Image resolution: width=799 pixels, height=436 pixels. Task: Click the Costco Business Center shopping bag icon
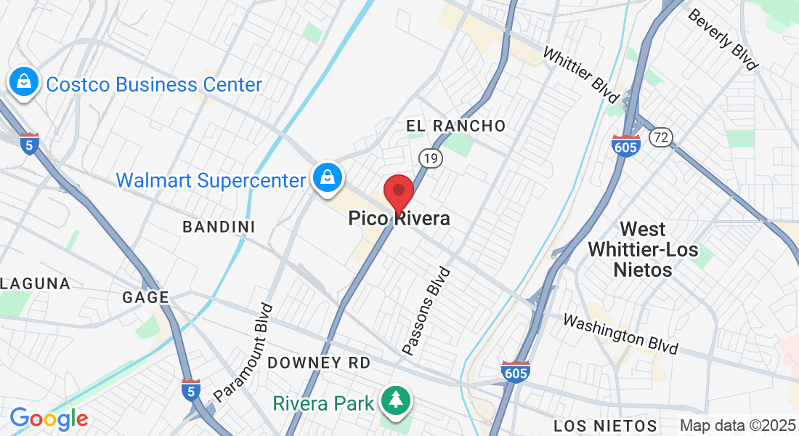point(25,81)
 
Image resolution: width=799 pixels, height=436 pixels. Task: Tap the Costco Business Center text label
point(153,84)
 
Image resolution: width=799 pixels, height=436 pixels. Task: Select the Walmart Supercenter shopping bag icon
point(328,177)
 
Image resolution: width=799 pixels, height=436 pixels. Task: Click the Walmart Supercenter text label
point(211,180)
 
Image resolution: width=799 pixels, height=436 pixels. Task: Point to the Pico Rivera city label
point(399,218)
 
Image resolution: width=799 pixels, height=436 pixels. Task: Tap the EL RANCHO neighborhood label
point(455,126)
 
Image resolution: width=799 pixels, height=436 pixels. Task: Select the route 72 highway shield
point(662,137)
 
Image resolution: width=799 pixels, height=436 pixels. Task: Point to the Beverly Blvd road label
point(722,40)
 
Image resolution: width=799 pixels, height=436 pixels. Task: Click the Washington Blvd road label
point(620,334)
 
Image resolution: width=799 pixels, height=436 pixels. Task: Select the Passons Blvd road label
point(426,312)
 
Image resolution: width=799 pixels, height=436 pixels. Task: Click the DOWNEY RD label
point(319,363)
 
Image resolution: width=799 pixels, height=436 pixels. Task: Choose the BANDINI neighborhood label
point(219,227)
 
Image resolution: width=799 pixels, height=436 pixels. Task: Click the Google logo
point(49,419)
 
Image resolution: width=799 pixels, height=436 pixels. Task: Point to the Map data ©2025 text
point(737,426)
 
